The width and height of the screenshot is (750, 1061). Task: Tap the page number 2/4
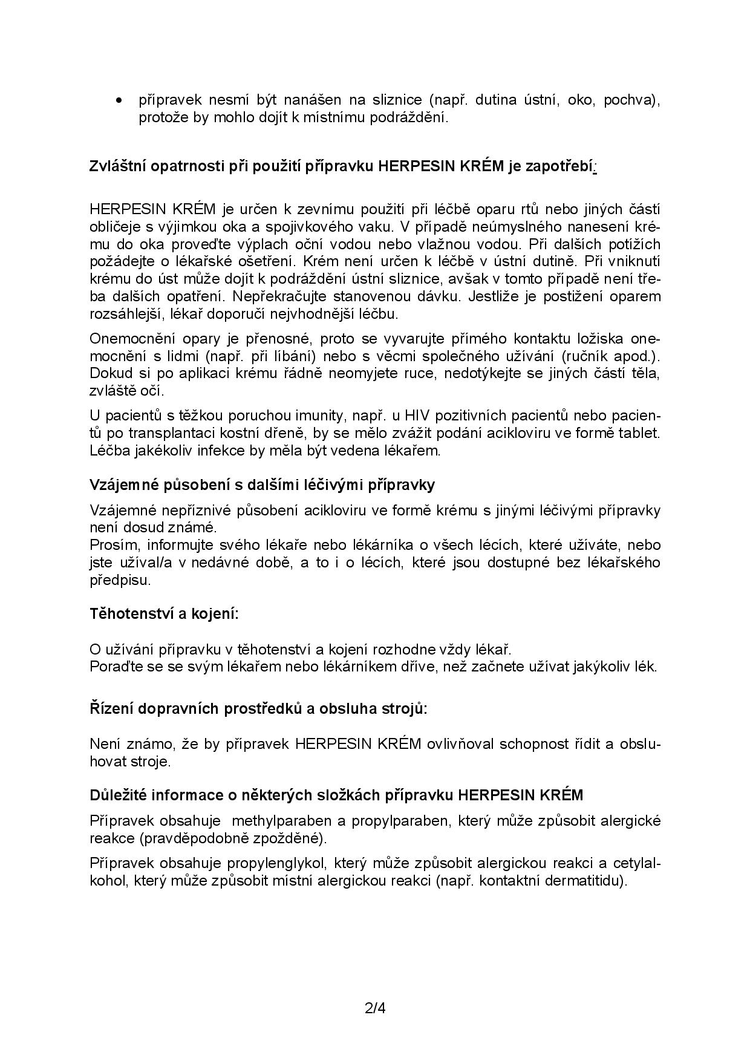(375, 1008)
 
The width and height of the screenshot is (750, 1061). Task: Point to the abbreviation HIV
(416, 416)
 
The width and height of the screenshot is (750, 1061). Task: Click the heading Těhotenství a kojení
(164, 614)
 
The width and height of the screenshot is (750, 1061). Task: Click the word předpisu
(120, 579)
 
